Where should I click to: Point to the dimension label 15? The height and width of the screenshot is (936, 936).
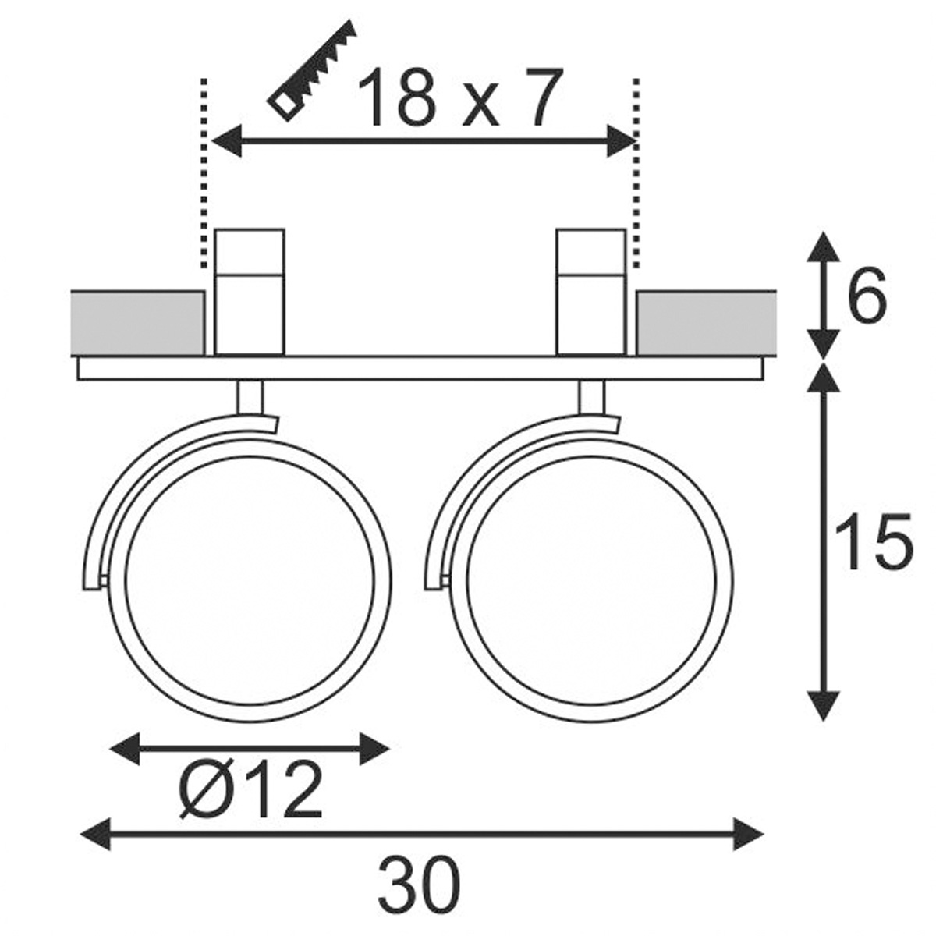point(872,541)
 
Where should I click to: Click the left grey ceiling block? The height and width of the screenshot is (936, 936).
point(137,323)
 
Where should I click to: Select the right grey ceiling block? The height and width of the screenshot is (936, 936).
point(706,323)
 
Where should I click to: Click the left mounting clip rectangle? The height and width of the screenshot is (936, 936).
point(250,292)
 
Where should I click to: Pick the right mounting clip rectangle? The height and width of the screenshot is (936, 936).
point(591,292)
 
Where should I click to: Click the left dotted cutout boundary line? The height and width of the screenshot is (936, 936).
point(204,172)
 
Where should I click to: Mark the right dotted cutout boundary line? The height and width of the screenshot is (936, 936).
point(636,172)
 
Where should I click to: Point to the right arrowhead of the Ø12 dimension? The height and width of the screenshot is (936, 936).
point(374,749)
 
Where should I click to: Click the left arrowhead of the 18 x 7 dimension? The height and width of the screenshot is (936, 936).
point(227,141)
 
